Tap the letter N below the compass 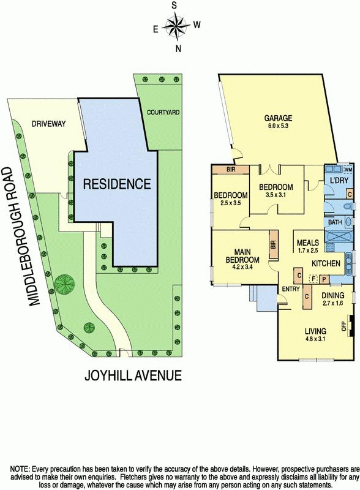tap(178, 49)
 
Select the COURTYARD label tap(162, 113)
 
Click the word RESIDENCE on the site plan tap(116, 184)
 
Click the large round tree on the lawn tap(64, 284)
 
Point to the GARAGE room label tap(278, 118)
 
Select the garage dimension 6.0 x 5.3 tap(278, 127)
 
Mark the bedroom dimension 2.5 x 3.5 tap(230, 204)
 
